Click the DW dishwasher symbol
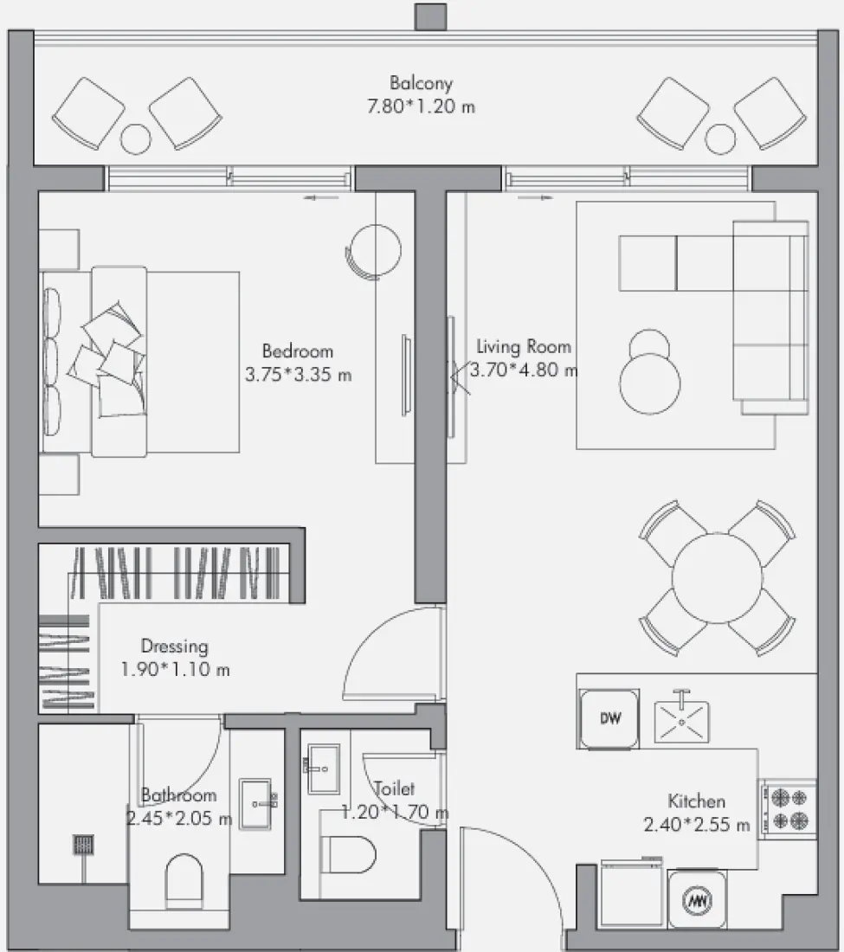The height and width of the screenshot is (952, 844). pos(609,719)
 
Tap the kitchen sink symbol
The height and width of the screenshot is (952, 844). pos(682,720)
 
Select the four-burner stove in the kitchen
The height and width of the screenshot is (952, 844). pos(789,809)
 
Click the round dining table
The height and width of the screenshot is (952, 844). pos(717,578)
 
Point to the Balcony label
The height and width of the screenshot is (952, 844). pos(421,82)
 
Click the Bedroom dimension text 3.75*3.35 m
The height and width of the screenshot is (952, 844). pos(298,375)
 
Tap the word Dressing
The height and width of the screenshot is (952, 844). pos(174,646)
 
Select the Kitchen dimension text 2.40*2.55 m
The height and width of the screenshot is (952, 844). pos(697,825)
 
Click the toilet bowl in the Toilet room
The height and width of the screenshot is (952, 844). pos(348,854)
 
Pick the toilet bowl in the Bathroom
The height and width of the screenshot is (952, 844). pos(184,882)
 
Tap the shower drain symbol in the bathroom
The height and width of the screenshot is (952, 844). pos(83,845)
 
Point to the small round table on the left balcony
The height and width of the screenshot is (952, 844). pos(135,139)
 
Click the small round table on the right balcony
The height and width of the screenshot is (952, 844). pos(720,139)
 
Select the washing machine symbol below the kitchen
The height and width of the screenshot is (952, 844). pos(697,900)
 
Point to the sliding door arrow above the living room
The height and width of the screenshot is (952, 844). pos(536,197)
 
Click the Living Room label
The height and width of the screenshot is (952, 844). pos(524,347)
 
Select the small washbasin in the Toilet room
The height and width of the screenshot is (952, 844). pos(322,769)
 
